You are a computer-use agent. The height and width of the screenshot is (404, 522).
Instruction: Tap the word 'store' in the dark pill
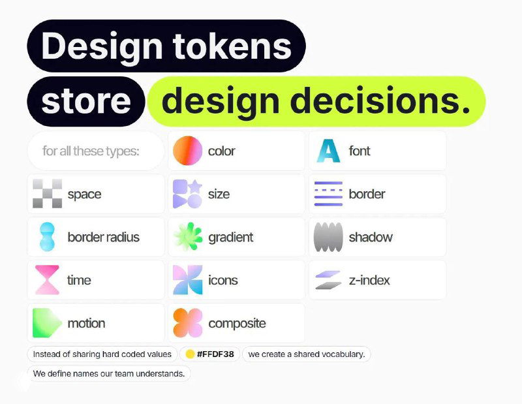(x=85, y=102)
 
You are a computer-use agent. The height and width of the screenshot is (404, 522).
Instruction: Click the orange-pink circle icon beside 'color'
(x=187, y=151)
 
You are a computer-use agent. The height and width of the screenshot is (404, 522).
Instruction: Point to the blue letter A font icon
(x=328, y=151)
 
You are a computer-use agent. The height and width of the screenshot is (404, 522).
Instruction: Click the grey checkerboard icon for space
(x=47, y=194)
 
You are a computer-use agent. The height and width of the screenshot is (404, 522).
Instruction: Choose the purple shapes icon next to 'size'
(x=187, y=194)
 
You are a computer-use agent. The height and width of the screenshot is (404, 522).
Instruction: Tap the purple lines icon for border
(x=328, y=194)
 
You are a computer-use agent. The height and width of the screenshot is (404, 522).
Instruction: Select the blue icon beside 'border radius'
(x=47, y=237)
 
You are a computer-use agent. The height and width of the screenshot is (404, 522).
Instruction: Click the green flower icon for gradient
(x=187, y=237)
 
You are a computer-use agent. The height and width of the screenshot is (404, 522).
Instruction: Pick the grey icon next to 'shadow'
(x=328, y=237)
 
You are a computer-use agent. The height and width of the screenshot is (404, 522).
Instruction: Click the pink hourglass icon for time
(x=47, y=280)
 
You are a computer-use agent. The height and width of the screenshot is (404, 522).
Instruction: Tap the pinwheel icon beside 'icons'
(x=187, y=280)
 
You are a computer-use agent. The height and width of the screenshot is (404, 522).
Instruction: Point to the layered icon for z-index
(x=328, y=280)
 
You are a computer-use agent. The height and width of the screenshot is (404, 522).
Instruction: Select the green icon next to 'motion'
(x=47, y=323)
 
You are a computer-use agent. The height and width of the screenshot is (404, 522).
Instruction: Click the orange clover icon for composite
(x=187, y=323)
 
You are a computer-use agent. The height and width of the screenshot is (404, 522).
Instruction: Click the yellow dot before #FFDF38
(x=190, y=354)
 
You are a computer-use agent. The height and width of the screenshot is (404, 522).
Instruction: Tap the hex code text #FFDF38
(x=216, y=354)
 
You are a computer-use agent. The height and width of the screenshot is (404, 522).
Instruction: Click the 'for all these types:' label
(x=91, y=151)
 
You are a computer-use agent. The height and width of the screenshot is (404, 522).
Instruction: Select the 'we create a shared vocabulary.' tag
(x=307, y=354)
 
